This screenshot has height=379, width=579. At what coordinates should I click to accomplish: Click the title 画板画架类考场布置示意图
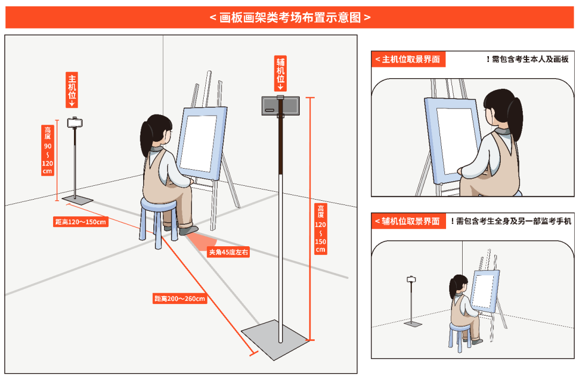click(290, 17)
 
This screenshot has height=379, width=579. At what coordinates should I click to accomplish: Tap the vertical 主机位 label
click(72, 89)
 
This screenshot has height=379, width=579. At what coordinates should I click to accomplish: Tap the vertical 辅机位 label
click(280, 73)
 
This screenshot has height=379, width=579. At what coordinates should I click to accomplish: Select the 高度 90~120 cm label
click(48, 150)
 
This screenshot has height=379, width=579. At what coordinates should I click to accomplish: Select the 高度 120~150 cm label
click(321, 229)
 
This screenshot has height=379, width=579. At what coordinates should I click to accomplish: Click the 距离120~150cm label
click(80, 222)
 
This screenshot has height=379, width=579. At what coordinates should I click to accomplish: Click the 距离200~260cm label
click(180, 299)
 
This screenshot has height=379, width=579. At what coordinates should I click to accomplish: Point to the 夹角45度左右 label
click(228, 252)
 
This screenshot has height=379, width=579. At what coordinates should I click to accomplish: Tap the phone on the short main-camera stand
click(75, 122)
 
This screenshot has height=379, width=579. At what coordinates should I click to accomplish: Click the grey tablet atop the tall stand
click(280, 106)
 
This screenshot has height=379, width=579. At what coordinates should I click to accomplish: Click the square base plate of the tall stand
click(276, 339)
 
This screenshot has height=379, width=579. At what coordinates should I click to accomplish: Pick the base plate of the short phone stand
click(77, 200)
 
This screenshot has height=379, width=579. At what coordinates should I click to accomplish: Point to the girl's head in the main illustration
click(157, 132)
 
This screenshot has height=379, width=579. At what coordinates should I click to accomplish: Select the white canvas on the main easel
click(197, 144)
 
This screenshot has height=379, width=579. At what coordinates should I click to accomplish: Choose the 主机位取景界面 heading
click(408, 59)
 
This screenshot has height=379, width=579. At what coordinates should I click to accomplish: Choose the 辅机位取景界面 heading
click(407, 221)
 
